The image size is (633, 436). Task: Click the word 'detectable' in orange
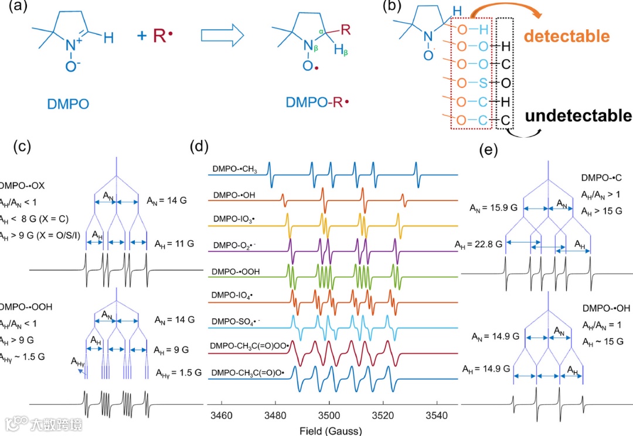point(566,36)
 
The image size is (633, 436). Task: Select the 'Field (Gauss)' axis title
point(330,431)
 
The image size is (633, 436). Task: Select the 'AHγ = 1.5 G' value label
point(176,372)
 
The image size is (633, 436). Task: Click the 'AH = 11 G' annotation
point(174,243)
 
